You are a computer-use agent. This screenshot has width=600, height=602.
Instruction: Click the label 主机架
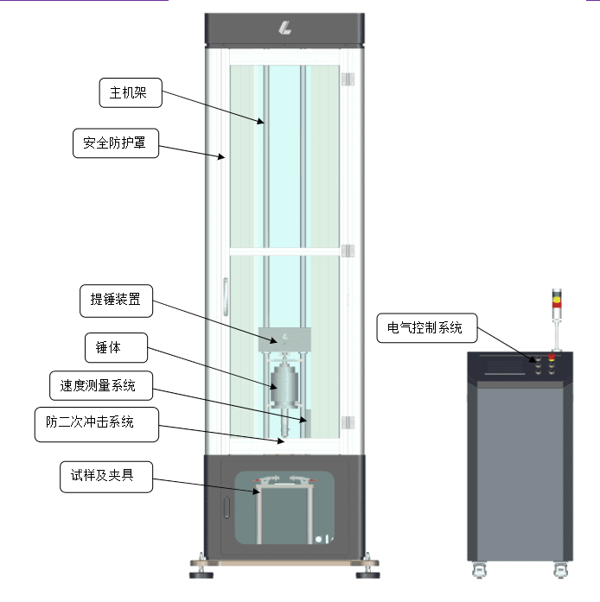click(x=130, y=93)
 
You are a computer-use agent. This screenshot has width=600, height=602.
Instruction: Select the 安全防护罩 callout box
click(x=115, y=143)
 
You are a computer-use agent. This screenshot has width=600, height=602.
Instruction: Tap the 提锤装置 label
click(x=116, y=301)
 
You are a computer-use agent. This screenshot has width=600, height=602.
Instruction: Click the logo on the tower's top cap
click(x=284, y=29)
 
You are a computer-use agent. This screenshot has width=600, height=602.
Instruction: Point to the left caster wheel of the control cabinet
click(x=478, y=569)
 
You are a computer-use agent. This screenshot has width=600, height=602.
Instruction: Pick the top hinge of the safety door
click(x=349, y=79)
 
